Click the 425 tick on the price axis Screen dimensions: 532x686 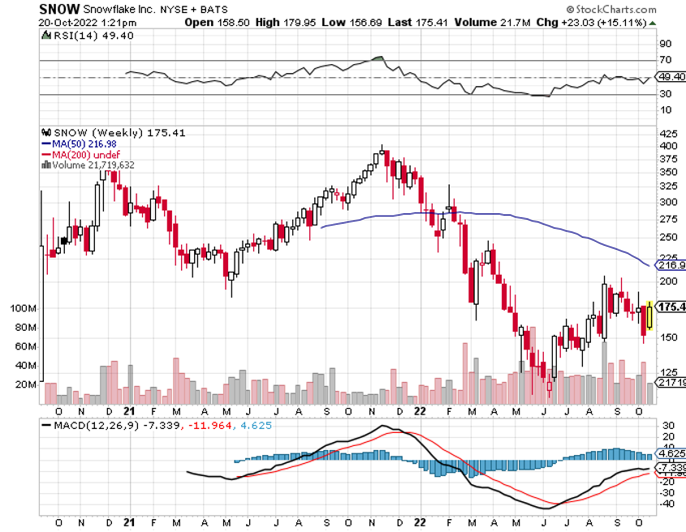(668, 134)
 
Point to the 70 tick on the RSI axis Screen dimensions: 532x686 (665, 61)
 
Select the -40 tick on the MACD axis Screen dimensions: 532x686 (667, 504)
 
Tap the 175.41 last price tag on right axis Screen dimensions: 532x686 (671, 307)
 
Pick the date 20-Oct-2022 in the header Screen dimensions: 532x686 (67, 22)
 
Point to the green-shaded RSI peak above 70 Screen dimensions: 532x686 (378, 59)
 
